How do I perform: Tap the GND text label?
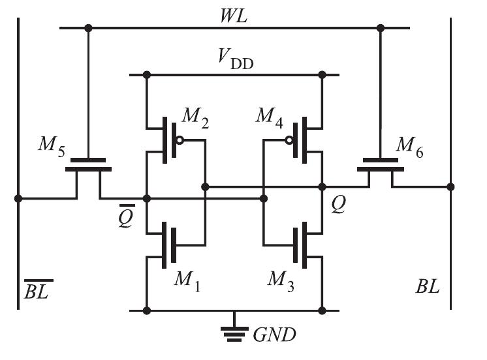click(274, 335)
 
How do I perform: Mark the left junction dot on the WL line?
click(89, 28)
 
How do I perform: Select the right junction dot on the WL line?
click(381, 28)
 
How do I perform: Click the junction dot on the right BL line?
click(450, 187)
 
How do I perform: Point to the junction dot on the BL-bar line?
click(18, 198)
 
